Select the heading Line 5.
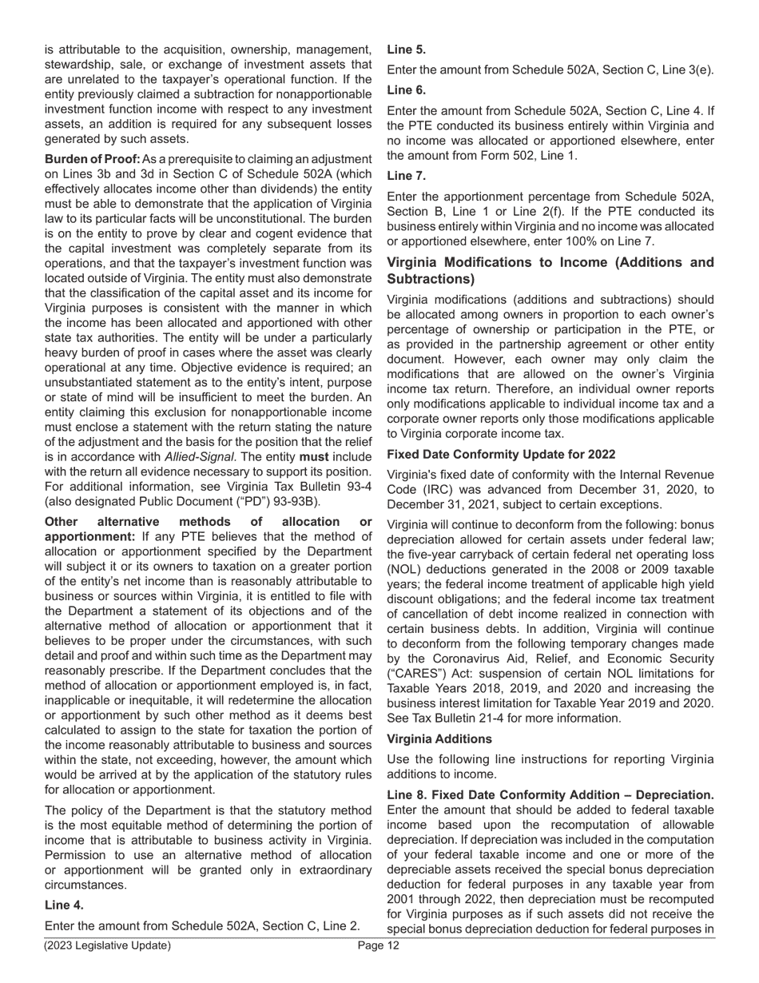[x=407, y=50]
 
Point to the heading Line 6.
[x=407, y=90]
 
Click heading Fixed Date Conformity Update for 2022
[x=501, y=454]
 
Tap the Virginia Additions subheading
[x=439, y=738]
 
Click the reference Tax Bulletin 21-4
[x=452, y=718]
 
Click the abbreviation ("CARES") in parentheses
[x=418, y=673]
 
